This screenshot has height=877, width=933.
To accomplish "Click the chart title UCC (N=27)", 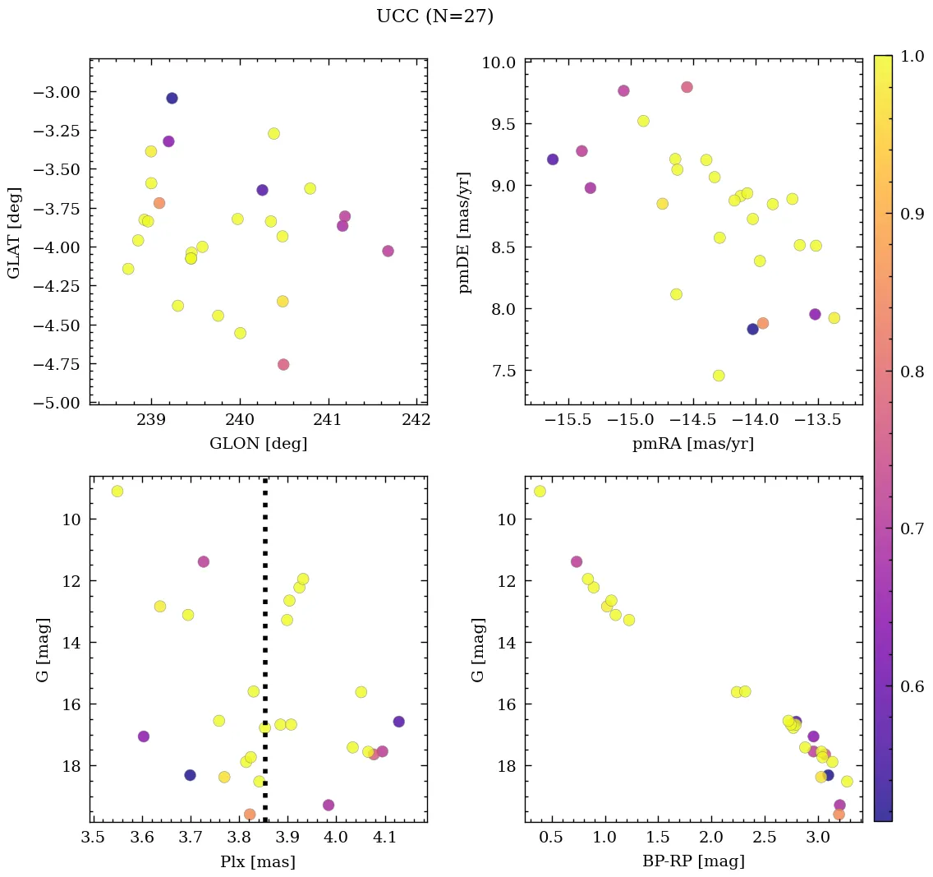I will click(434, 16).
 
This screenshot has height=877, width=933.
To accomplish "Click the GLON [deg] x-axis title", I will click(259, 444).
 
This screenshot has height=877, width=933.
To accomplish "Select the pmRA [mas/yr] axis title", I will click(693, 444).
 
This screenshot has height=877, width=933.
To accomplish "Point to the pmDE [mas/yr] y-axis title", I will click(466, 232).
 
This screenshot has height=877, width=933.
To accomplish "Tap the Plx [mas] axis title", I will click(258, 861).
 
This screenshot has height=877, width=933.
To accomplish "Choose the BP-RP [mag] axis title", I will click(693, 861).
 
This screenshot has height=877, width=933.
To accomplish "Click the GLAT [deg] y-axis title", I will click(14, 232).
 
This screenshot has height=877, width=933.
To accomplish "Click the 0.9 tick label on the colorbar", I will click(909, 215).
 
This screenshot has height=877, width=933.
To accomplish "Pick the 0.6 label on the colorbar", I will click(909, 687).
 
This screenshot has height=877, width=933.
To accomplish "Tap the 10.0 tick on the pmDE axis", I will click(499, 63).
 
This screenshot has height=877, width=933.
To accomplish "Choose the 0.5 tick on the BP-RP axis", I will click(552, 838).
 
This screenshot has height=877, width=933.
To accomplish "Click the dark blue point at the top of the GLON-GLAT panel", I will click(172, 99).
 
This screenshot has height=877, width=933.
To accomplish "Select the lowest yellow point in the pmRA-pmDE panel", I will click(719, 376).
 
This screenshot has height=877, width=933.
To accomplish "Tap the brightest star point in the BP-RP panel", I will click(540, 492).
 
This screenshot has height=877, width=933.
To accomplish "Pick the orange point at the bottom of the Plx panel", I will click(250, 815).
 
